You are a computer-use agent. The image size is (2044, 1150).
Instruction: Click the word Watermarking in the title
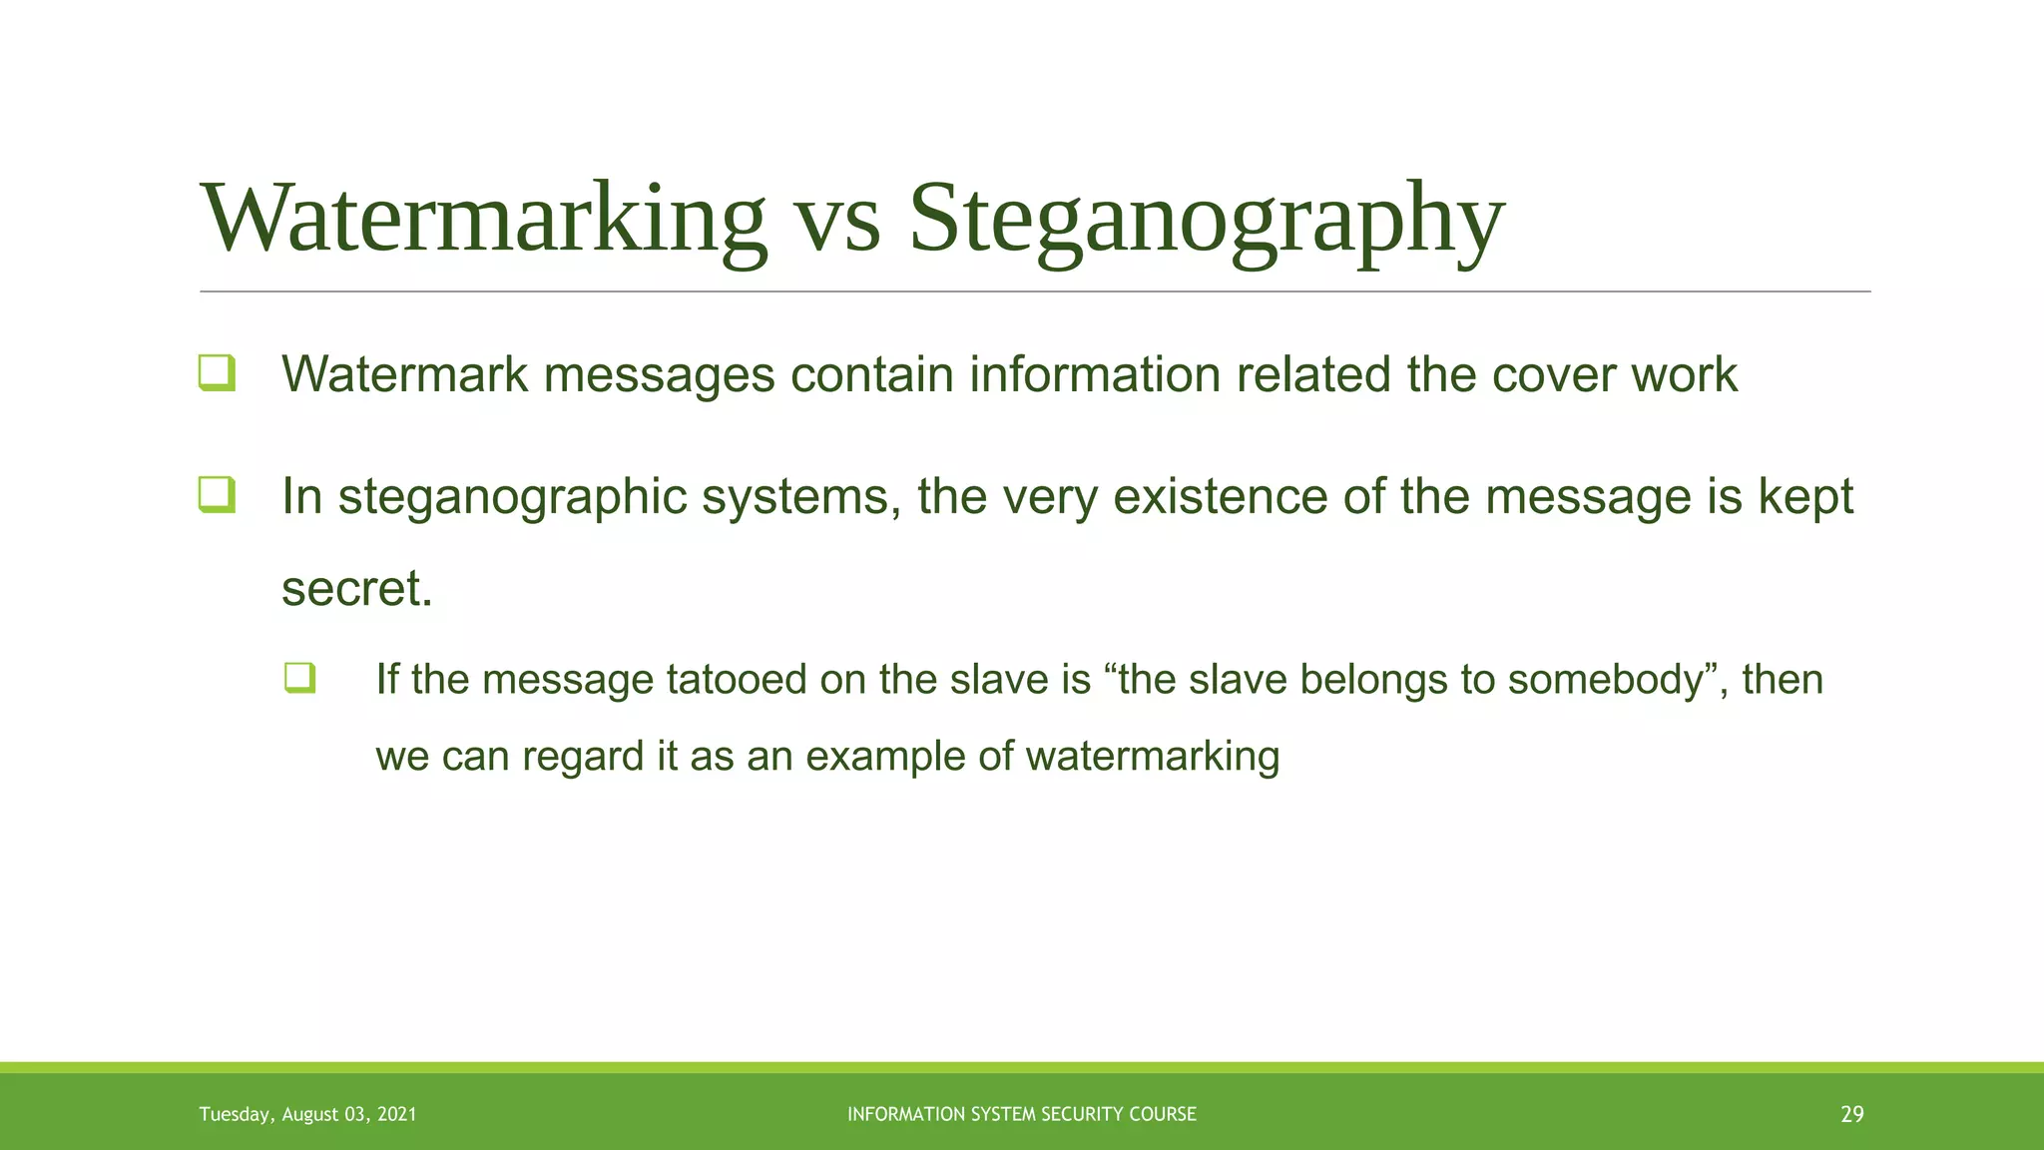coord(484,219)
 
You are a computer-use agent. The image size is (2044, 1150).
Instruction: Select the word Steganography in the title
coord(1206,219)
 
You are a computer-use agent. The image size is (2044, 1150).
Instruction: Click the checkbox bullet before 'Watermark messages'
coord(217,373)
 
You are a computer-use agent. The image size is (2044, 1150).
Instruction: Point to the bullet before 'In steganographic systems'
coord(217,495)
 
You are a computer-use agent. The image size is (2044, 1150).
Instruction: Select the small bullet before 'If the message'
coord(299,679)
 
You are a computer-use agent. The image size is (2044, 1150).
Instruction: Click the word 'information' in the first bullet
coord(1095,375)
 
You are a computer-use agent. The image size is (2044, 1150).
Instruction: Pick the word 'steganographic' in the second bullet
coord(512,497)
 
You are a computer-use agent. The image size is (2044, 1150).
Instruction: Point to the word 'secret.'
coord(357,588)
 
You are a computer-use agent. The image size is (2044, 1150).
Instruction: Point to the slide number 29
coord(1851,1115)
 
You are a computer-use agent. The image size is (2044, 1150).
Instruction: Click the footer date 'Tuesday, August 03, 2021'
coord(307,1115)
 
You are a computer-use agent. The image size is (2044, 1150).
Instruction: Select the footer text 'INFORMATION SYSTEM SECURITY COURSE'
coord(1021,1115)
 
